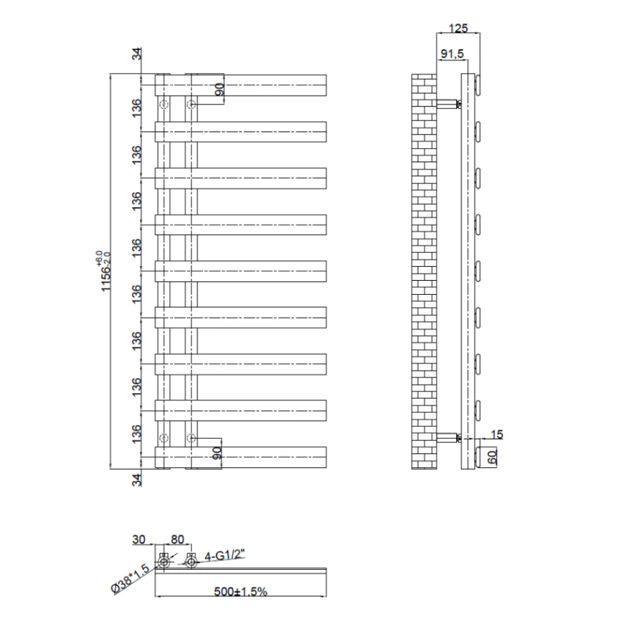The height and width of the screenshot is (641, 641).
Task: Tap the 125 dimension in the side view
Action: pyautogui.click(x=458, y=28)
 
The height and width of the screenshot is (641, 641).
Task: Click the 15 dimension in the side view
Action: pyautogui.click(x=496, y=435)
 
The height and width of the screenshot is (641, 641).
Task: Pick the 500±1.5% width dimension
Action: pyautogui.click(x=241, y=592)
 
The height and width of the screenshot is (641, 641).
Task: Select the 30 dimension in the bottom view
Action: pyautogui.click(x=139, y=540)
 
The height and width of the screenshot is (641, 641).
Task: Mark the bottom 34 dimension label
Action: pyautogui.click(x=137, y=479)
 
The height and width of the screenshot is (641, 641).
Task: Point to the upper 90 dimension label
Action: pyautogui.click(x=218, y=90)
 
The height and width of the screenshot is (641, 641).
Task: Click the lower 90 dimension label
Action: pyautogui.click(x=217, y=453)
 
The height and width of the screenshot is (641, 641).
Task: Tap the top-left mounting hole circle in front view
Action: pyautogui.click(x=165, y=104)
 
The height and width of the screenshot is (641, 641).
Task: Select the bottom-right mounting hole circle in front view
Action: pyautogui.click(x=191, y=438)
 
